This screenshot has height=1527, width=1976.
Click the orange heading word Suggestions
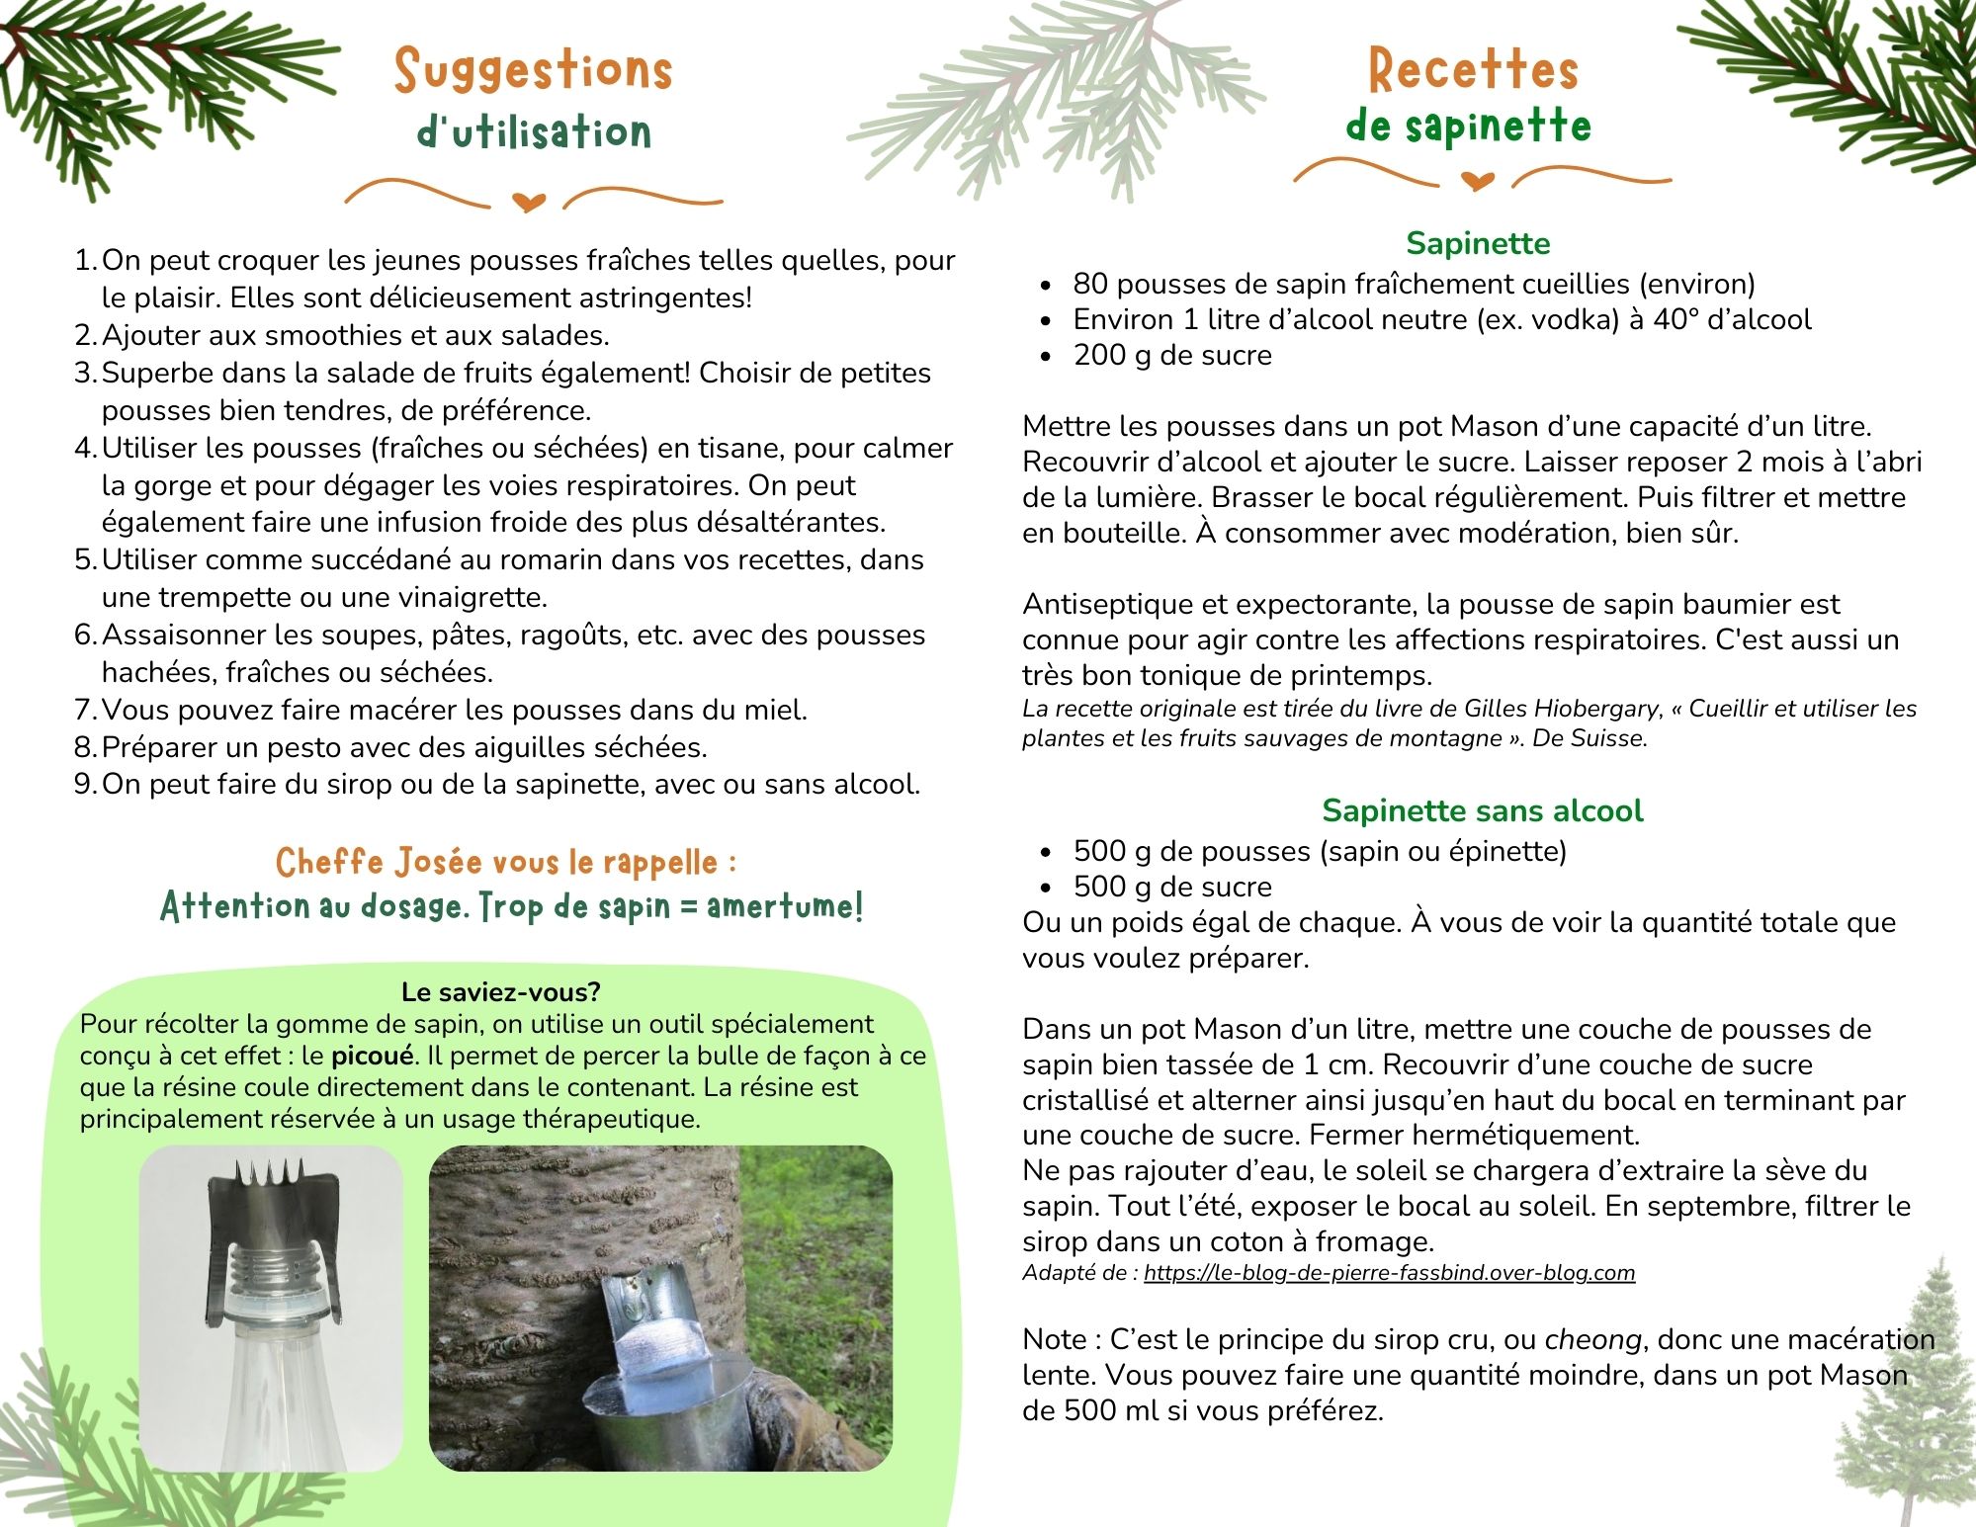tap(533, 71)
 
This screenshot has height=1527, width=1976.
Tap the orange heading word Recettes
tap(1472, 71)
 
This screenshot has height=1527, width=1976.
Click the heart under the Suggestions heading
tap(530, 203)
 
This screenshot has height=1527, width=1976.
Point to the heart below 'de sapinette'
tap(1477, 181)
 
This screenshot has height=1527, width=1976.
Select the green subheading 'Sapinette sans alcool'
tap(1482, 810)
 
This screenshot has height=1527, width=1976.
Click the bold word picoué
tap(372, 1056)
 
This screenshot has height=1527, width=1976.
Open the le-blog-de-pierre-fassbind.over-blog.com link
tap(1389, 1273)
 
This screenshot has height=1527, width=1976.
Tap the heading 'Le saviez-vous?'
tap(500, 992)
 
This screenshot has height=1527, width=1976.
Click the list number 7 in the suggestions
tap(84, 710)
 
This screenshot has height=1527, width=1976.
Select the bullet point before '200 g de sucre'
tap(1046, 357)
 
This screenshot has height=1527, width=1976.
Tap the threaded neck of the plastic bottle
tap(270, 1270)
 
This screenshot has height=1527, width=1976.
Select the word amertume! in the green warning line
tap(785, 906)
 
